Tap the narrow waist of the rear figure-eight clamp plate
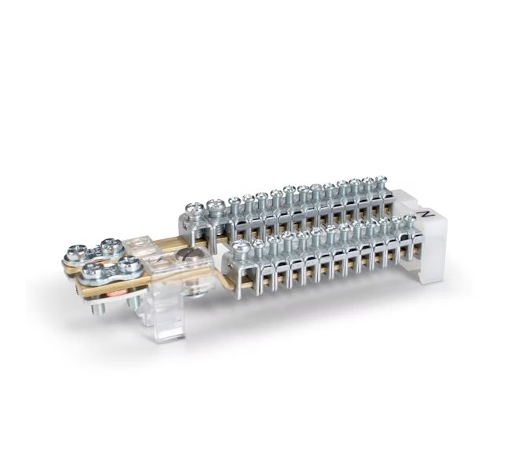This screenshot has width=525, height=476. point(89,249)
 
